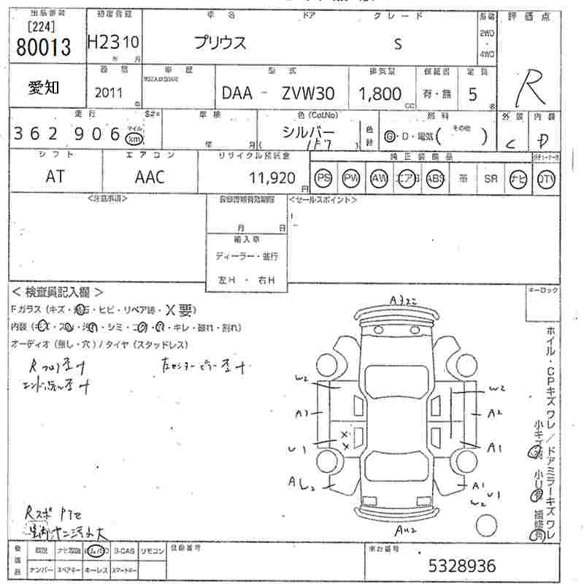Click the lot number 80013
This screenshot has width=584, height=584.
coord(42,47)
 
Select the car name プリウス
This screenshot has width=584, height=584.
coord(220,42)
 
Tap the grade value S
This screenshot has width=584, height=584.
coord(397,43)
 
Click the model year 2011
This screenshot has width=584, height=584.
coord(109,93)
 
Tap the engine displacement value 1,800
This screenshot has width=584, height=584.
coord(380,93)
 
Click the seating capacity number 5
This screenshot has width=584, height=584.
coord(472,93)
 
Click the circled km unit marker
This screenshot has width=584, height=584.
coord(134,137)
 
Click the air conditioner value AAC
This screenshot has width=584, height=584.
coord(149,177)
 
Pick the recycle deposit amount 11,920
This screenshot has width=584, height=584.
coord(271,177)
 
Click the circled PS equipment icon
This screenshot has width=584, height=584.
coord(323,178)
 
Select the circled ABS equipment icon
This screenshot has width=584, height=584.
coord(435,178)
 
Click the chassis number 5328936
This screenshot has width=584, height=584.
coord(461,566)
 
